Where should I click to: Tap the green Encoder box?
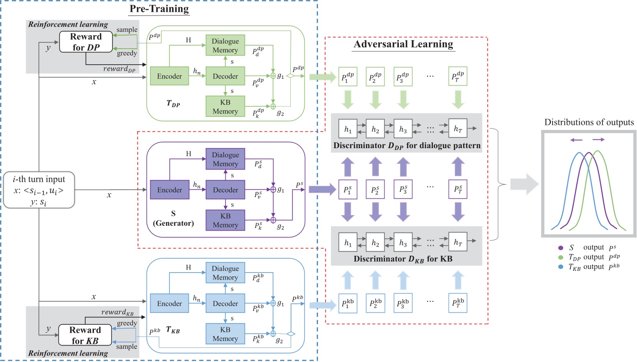click(169, 77)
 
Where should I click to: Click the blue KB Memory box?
click(226, 334)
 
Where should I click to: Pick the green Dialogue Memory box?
click(226, 45)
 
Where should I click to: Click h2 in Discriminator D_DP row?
click(375, 129)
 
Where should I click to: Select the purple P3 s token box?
click(402, 188)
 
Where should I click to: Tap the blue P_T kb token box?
click(458, 303)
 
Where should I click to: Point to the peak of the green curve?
click(597, 152)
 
